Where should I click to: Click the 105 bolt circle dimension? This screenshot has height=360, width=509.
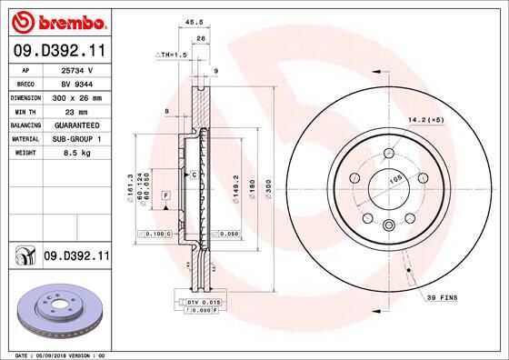coord(395,180)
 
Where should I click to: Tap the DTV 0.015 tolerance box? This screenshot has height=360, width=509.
coord(204,301)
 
